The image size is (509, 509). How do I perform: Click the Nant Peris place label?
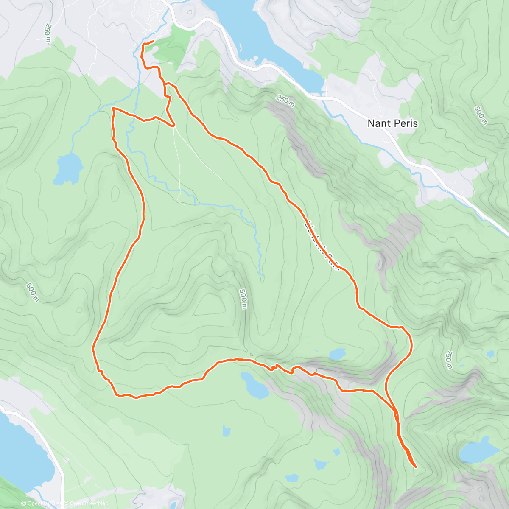(x=392, y=123)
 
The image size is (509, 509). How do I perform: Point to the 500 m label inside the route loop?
(x=243, y=299)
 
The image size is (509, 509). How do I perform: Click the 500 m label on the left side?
(x=32, y=293)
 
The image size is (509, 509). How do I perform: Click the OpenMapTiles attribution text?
(x=42, y=503)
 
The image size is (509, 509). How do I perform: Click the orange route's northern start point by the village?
(x=153, y=41)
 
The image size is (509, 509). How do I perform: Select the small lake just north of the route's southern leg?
(x=337, y=353)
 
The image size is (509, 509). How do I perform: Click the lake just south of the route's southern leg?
(x=253, y=385)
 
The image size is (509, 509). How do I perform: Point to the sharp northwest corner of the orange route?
(x=113, y=109)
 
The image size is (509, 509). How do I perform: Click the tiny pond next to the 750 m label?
(x=490, y=353)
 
